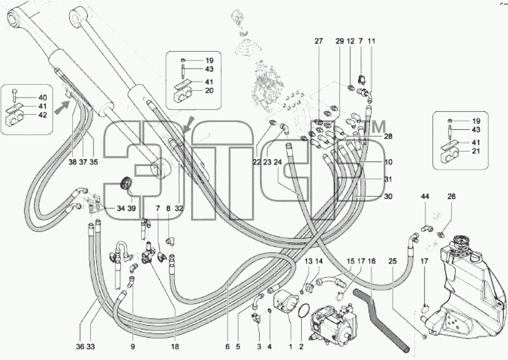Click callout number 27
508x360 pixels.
click(x=319, y=41)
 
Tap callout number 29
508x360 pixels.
click(x=339, y=41)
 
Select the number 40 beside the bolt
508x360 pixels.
click(x=43, y=97)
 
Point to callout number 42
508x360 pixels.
click(x=43, y=115)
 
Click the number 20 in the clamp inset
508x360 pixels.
click(x=210, y=91)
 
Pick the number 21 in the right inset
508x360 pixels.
click(x=476, y=151)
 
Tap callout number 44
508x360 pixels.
click(x=425, y=196)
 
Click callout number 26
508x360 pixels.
click(x=451, y=196)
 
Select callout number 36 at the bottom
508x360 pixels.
click(x=80, y=347)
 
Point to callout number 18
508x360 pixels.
click(x=174, y=347)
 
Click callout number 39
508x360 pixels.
click(x=131, y=208)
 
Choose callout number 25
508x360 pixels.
click(x=393, y=261)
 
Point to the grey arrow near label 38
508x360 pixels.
click(x=62, y=107)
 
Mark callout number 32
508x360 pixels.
click(x=179, y=208)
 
